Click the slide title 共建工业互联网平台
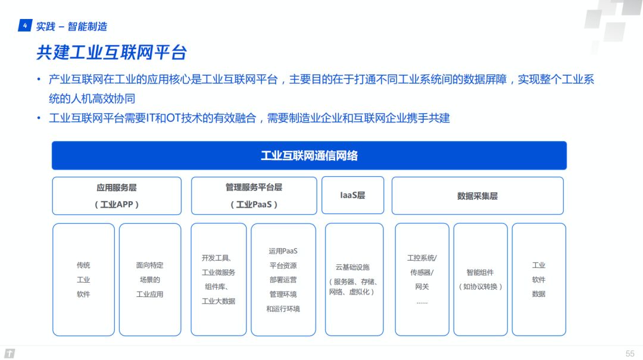pyautogui.click(x=111, y=52)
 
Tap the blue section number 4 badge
pyautogui.click(x=25, y=26)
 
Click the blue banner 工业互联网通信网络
pyautogui.click(x=309, y=155)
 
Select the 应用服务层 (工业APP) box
pyautogui.click(x=117, y=196)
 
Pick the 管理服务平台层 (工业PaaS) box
pyautogui.click(x=254, y=196)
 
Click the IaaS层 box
pyautogui.click(x=352, y=195)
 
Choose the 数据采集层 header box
pyautogui.click(x=477, y=196)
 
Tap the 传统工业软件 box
pyautogui.click(x=84, y=280)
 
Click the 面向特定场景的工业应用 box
pyautogui.click(x=150, y=280)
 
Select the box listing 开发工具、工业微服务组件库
pyautogui.click(x=219, y=279)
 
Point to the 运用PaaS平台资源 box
pyautogui.click(x=283, y=280)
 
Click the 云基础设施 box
pyautogui.click(x=354, y=279)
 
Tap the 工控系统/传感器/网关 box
pyautogui.click(x=422, y=279)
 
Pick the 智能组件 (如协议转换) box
pyautogui.click(x=480, y=279)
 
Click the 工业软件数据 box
pyautogui.click(x=539, y=279)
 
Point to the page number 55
pyautogui.click(x=630, y=353)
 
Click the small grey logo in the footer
pyautogui.click(x=10, y=353)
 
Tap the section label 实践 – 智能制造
pyautogui.click(x=71, y=27)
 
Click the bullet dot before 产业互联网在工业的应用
pyautogui.click(x=39, y=79)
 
